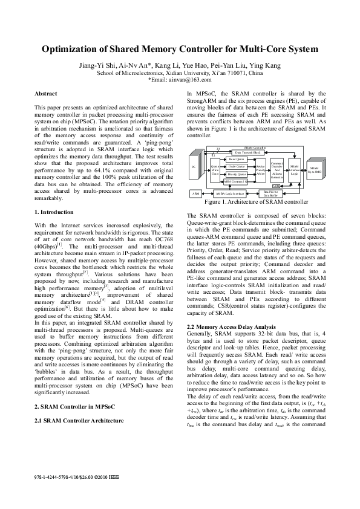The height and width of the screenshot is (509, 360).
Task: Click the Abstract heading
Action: (x=46, y=94)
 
